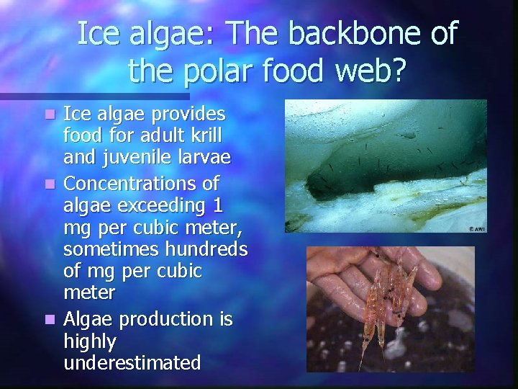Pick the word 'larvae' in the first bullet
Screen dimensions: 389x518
203,157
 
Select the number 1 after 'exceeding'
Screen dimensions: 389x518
219,206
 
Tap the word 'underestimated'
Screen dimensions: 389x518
132,362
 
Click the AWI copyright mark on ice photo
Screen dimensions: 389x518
475,227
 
